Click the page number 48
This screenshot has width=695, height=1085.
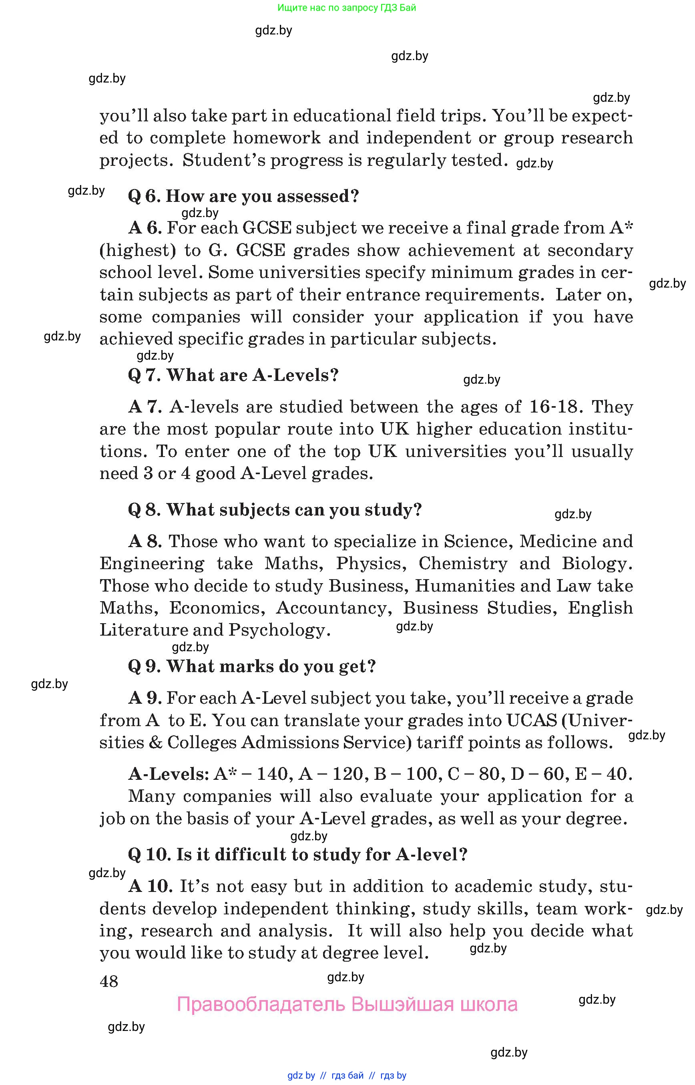(109, 981)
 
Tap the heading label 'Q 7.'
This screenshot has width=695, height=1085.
(144, 375)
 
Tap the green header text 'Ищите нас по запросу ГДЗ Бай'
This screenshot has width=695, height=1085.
(347, 8)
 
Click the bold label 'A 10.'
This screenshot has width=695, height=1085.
(150, 886)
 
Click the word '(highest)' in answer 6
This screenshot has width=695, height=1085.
(138, 251)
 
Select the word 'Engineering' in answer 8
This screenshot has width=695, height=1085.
(152, 564)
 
